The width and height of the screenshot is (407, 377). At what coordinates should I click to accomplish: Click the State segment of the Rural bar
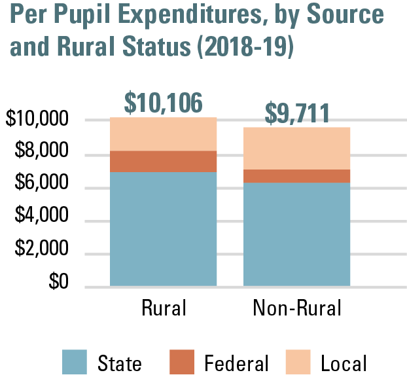click(x=163, y=229)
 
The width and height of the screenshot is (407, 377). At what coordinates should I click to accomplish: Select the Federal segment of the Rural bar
click(x=163, y=161)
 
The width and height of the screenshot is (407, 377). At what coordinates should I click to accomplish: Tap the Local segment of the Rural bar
click(x=163, y=134)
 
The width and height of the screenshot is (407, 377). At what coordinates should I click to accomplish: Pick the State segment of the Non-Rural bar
click(x=296, y=234)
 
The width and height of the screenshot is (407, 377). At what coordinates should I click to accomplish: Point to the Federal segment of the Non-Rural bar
click(x=296, y=175)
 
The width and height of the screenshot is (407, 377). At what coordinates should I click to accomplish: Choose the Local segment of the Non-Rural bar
click(x=296, y=148)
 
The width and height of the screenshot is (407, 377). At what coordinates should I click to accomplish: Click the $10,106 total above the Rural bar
click(x=163, y=103)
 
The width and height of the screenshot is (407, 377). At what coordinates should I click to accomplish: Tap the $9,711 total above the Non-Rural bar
click(x=296, y=114)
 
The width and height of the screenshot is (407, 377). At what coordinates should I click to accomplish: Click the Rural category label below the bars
click(x=164, y=308)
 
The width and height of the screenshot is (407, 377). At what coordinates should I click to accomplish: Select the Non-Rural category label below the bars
click(x=297, y=308)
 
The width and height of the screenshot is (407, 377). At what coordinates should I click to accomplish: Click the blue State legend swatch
click(x=74, y=362)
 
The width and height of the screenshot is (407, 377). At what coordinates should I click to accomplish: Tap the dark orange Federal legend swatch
click(x=181, y=362)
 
